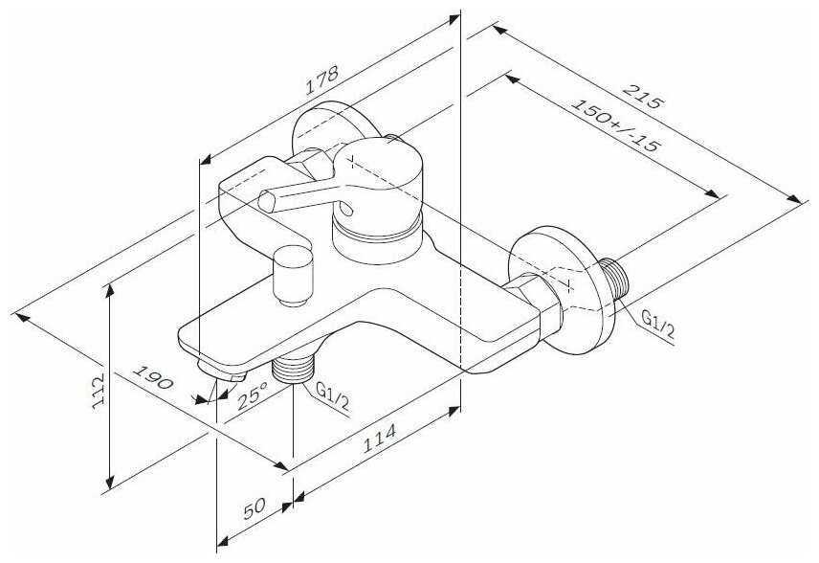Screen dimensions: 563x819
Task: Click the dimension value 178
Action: (x=322, y=84)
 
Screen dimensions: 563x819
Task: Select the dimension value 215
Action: (x=643, y=96)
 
